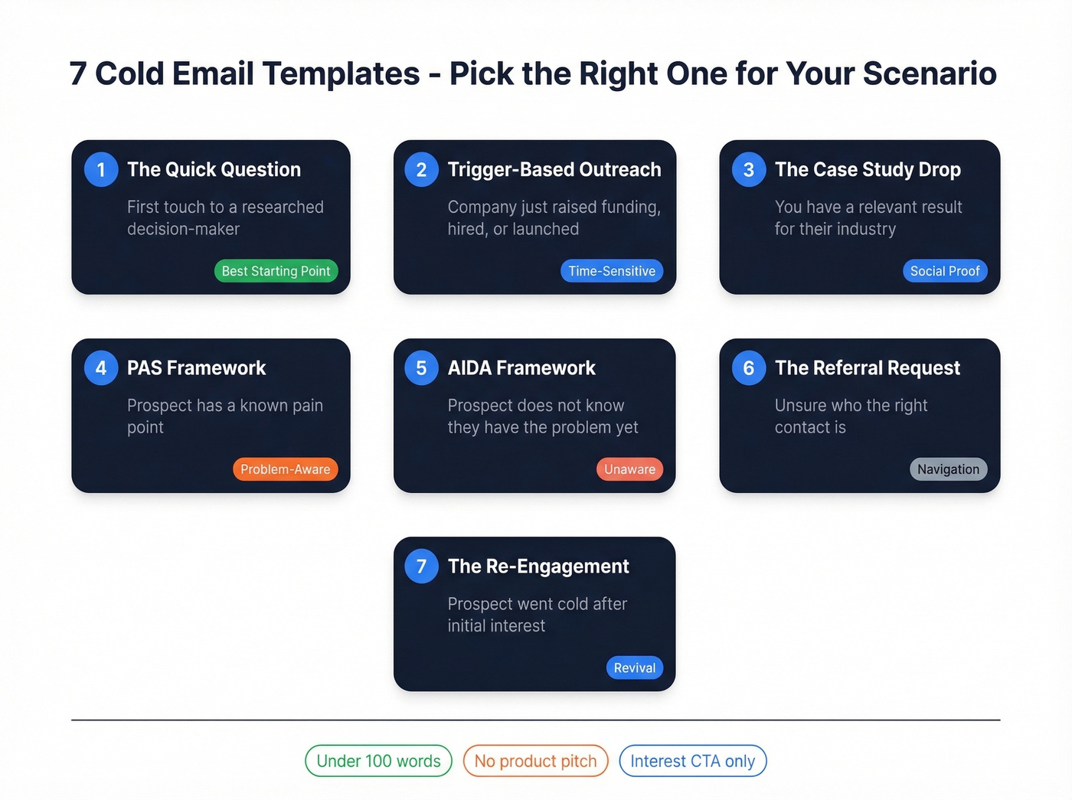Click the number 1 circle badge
[x=101, y=169]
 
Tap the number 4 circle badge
[x=101, y=367]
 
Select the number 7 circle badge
[x=421, y=566]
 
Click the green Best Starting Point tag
[x=276, y=271]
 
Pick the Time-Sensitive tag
[x=611, y=271]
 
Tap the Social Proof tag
[x=945, y=271]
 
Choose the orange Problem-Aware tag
[x=285, y=469]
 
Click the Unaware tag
[x=629, y=469]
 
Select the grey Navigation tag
[x=948, y=469]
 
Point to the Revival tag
[x=634, y=668]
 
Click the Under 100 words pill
[x=378, y=761]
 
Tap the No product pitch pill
[x=535, y=761]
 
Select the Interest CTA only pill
[x=692, y=761]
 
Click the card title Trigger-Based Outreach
[x=554, y=169]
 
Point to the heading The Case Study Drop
[x=868, y=169]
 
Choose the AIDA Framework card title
[x=521, y=367]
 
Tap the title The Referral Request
[x=867, y=367]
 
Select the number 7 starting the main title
[x=77, y=73]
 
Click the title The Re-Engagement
[x=538, y=566]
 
